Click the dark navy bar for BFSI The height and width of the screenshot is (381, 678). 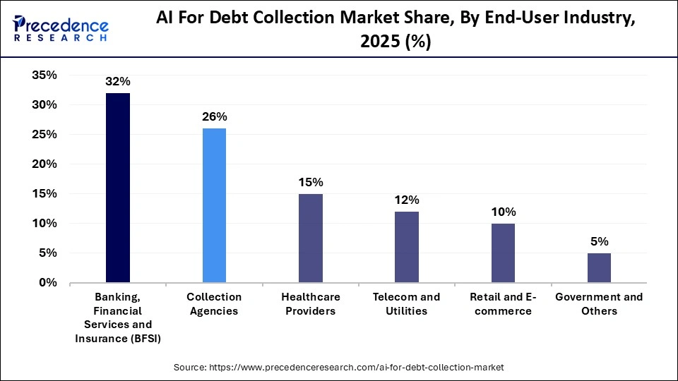click(x=117, y=188)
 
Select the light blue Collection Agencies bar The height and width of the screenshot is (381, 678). click(x=214, y=205)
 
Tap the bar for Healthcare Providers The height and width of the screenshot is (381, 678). click(x=311, y=238)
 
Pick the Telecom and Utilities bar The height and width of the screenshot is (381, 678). click(x=407, y=247)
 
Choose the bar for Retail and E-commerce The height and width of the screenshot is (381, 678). click(x=503, y=253)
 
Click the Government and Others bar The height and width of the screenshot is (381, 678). click(x=599, y=267)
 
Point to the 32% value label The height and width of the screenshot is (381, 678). click(x=117, y=82)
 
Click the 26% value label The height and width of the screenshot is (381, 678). click(x=214, y=117)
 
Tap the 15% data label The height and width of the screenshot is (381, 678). click(x=311, y=182)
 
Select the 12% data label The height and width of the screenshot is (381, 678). click(x=407, y=200)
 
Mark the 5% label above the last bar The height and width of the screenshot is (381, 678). click(x=599, y=241)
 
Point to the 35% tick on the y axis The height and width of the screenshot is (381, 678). click(x=44, y=75)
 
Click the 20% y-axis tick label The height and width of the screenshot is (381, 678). click(x=44, y=164)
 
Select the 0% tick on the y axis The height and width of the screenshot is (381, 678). click(x=47, y=282)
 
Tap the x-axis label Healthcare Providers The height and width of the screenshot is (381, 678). click(x=311, y=303)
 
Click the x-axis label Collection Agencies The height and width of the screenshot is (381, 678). click(x=214, y=303)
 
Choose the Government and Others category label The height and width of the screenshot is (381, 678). click(x=599, y=303)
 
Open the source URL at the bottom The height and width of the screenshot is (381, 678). click(x=339, y=368)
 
